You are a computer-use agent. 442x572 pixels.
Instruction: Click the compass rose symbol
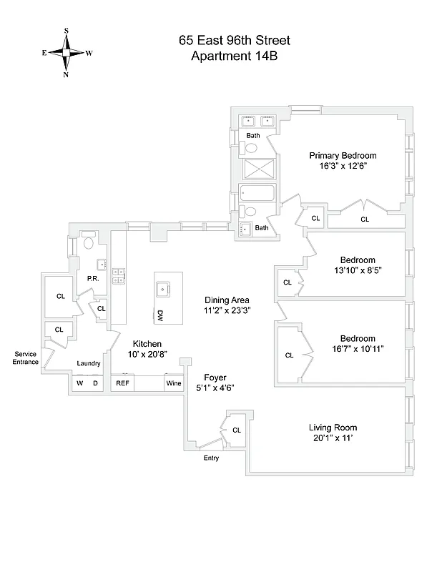(67, 52)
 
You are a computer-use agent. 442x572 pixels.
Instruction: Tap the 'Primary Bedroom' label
(343, 155)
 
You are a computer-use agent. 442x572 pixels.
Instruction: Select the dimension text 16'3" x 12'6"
(343, 166)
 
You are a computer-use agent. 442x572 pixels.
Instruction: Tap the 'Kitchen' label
(146, 344)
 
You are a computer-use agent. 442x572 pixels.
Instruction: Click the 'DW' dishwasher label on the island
(160, 315)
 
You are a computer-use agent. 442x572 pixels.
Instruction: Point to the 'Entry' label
(211, 458)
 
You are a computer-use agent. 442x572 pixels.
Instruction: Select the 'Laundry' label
(89, 364)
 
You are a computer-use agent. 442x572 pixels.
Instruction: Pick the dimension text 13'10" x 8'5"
(357, 271)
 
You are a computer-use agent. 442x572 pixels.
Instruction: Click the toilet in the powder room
(89, 242)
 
